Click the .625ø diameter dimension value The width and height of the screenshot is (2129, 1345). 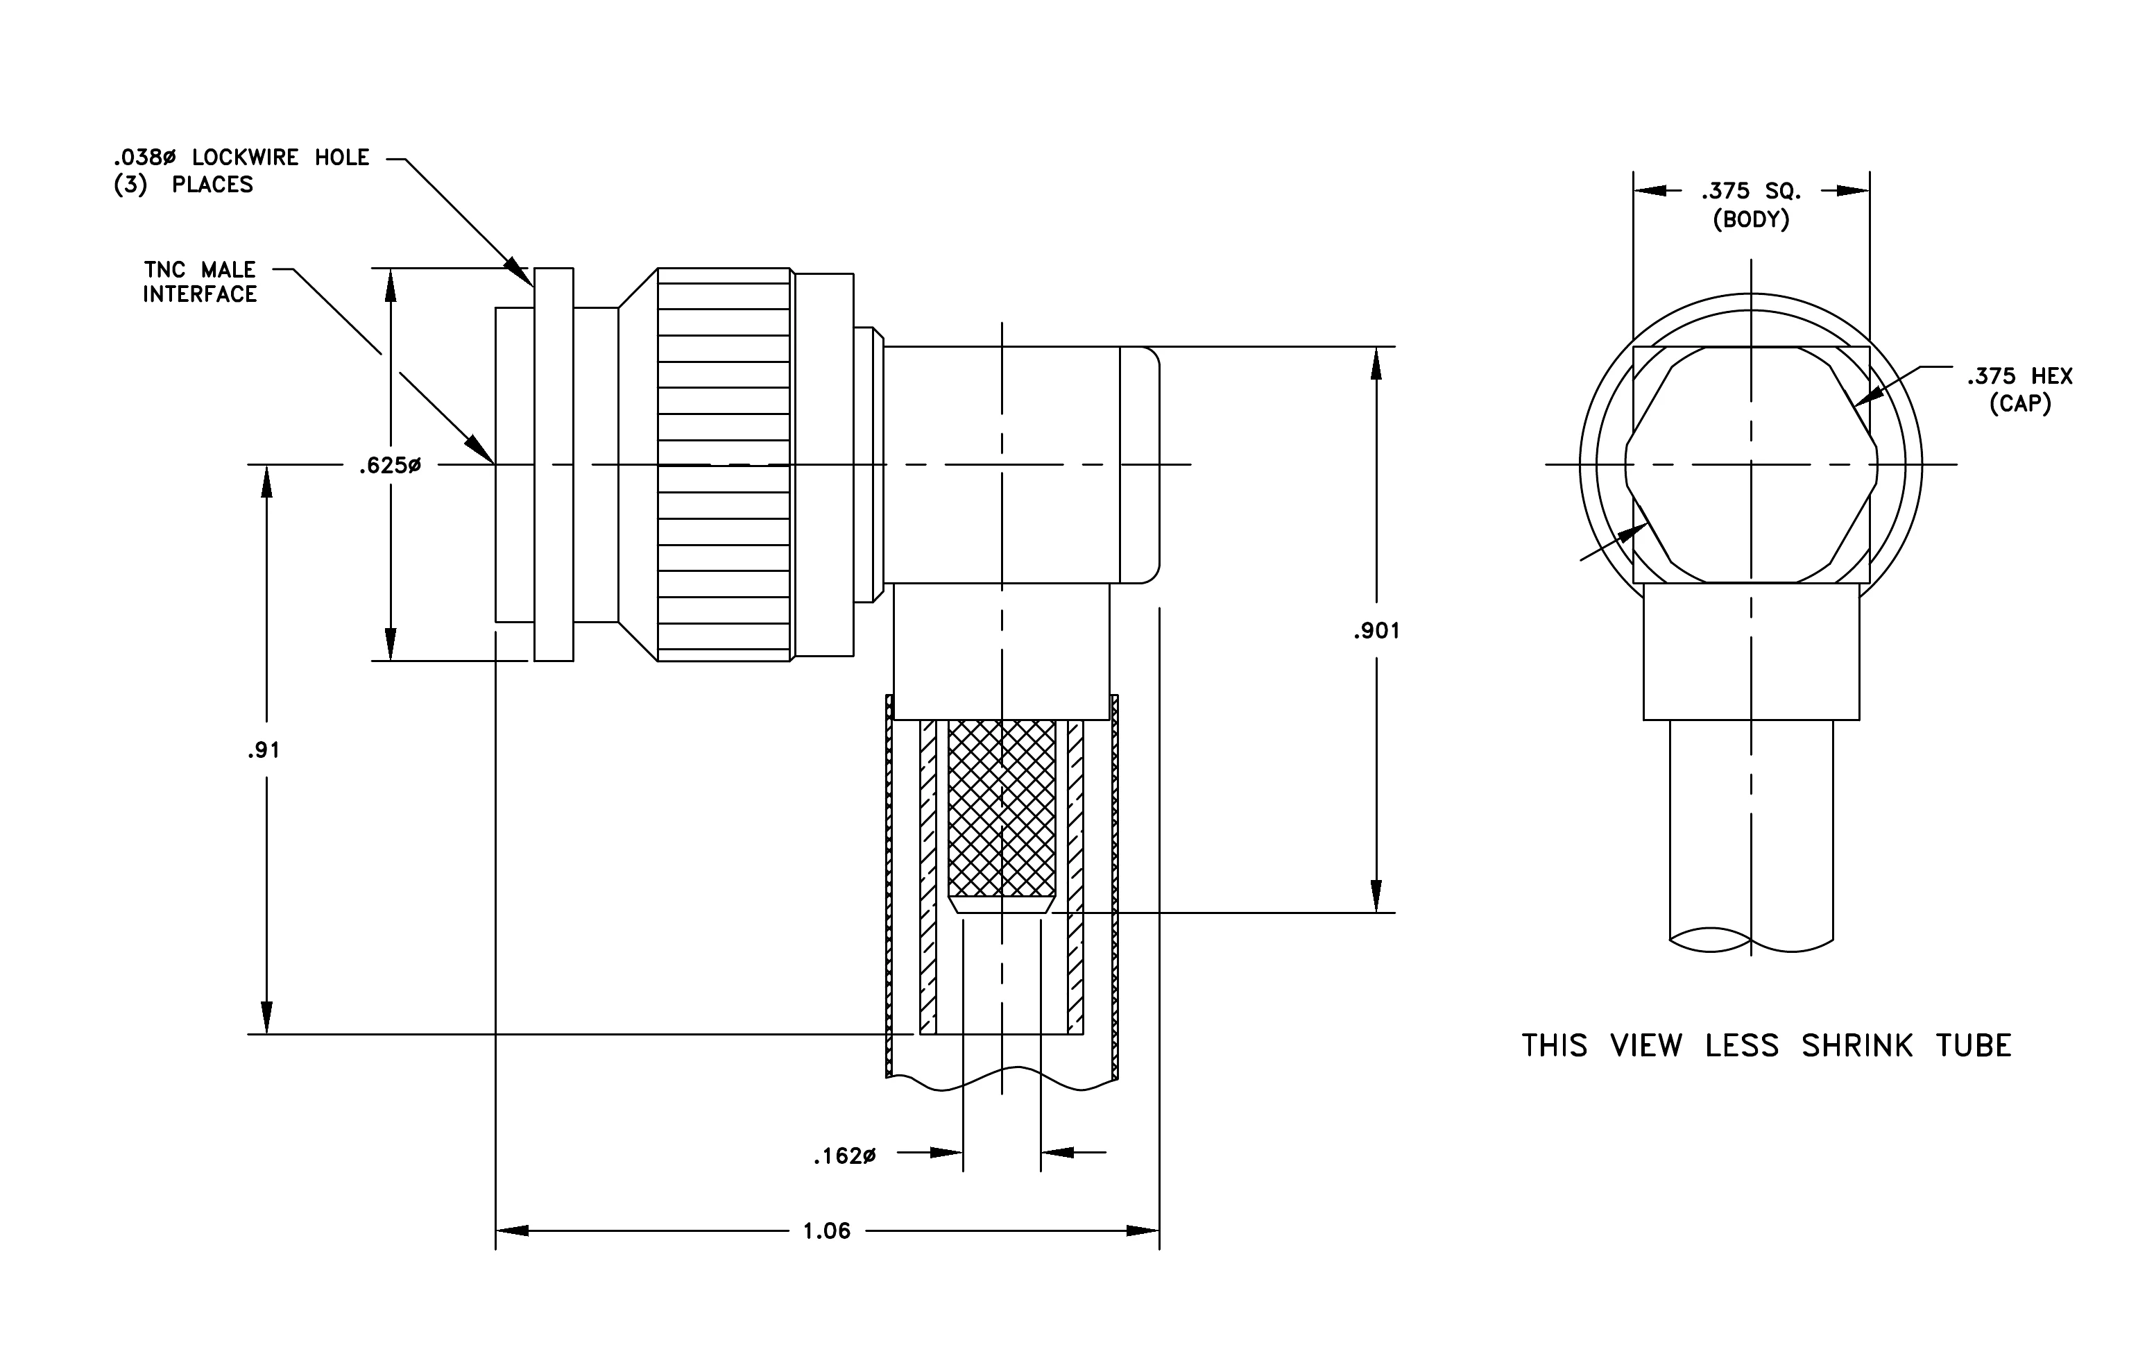coord(390,465)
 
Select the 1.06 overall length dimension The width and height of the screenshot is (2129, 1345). coord(827,1231)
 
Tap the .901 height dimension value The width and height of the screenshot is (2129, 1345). coord(1376,630)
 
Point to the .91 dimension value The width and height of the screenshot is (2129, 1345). coord(264,750)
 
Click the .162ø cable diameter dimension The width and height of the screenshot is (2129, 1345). coord(844,1156)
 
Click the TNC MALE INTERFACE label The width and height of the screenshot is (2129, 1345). coord(200,282)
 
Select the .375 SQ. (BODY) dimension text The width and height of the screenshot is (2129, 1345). coord(1752,204)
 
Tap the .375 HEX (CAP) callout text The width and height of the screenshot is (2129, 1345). coord(2020,390)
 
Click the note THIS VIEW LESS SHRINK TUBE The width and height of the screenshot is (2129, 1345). coord(1766,1045)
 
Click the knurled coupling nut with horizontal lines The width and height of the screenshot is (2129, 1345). coord(724,464)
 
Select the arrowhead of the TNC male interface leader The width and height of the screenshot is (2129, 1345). coord(482,449)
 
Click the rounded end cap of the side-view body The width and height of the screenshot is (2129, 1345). coord(1140,465)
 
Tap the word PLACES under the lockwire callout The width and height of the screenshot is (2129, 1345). coord(212,185)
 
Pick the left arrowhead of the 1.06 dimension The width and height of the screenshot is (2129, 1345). coord(512,1231)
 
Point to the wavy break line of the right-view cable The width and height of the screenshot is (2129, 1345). coord(1752,939)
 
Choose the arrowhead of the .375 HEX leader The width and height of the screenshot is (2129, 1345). coord(1863,396)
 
